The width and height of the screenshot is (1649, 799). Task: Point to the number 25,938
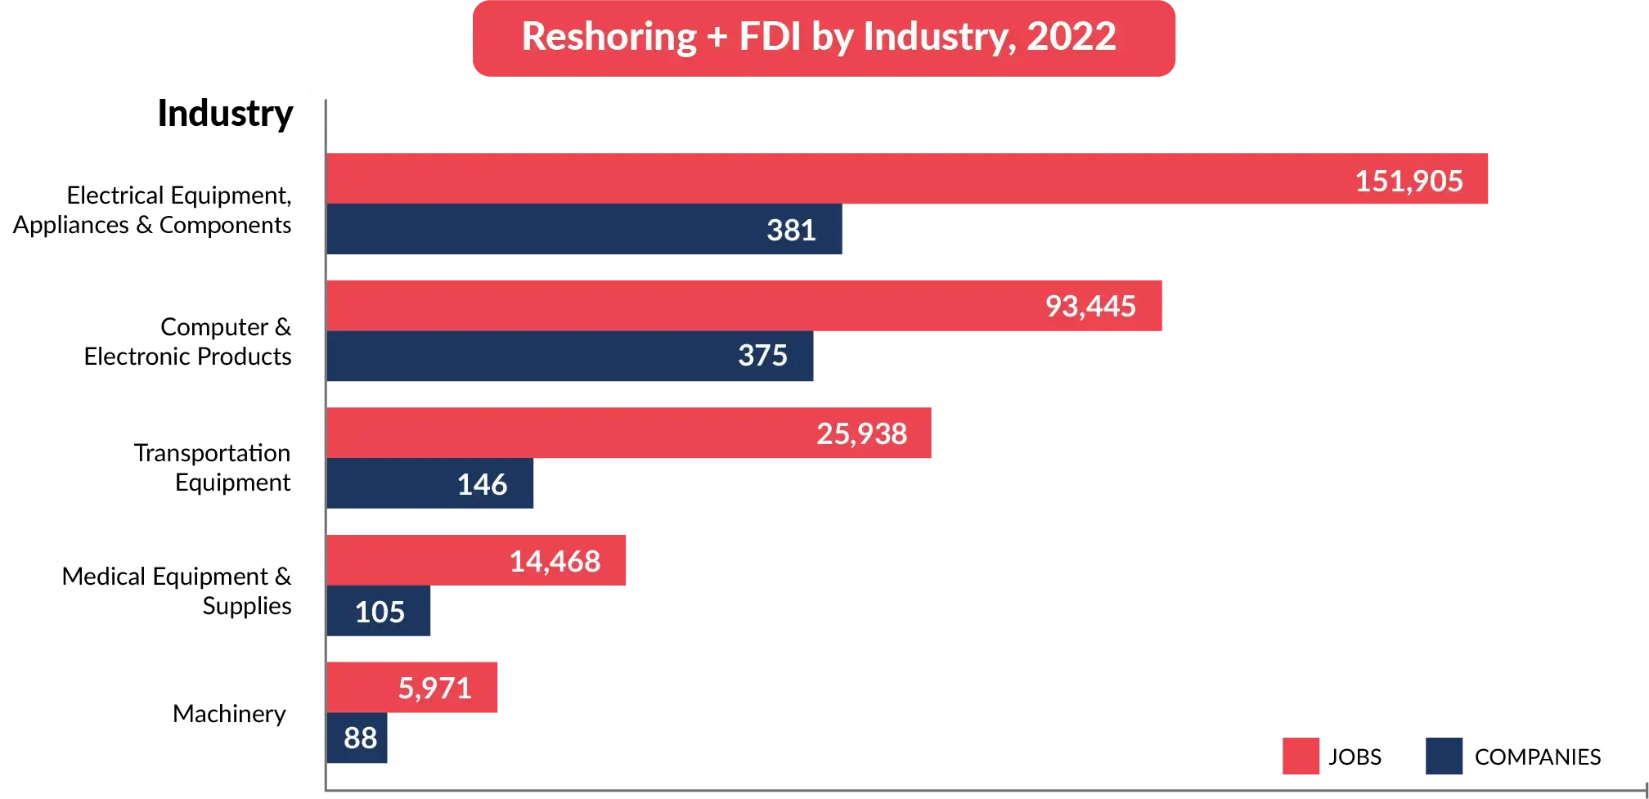coord(861,433)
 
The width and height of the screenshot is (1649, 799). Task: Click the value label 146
coord(482,485)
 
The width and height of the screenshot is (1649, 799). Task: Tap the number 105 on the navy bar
coord(380,612)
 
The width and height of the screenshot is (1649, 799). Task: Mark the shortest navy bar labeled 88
coord(359,738)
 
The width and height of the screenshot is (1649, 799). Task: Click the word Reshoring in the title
coord(609,37)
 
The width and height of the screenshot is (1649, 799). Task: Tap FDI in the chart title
coord(770,37)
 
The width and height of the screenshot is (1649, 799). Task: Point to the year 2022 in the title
coord(1071,37)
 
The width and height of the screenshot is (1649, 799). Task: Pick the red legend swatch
coord(1301,756)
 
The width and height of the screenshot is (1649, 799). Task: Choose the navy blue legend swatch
coord(1443,756)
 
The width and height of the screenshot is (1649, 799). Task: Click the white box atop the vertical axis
coord(330,88)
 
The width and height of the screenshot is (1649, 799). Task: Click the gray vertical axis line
coord(324,450)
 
